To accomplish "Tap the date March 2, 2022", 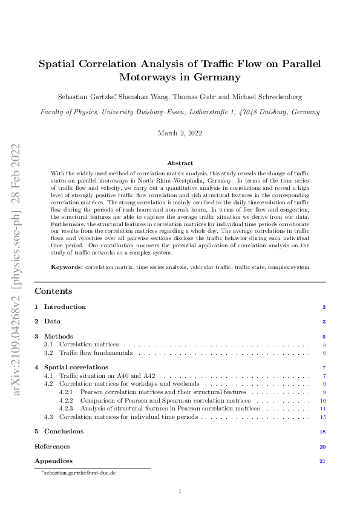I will point(180,133).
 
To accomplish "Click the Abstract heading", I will point(180,163).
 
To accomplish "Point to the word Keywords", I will point(67,267).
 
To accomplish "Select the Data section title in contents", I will point(52,322).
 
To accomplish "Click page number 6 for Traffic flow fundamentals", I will point(324,352).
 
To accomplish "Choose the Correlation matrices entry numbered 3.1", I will point(89,344).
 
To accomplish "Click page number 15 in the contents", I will point(323,417).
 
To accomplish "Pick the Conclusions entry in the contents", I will point(64,432).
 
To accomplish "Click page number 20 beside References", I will point(322,447).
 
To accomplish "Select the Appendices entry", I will point(53,461).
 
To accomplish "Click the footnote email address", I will point(79,473).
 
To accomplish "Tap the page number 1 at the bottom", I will point(180,491).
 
